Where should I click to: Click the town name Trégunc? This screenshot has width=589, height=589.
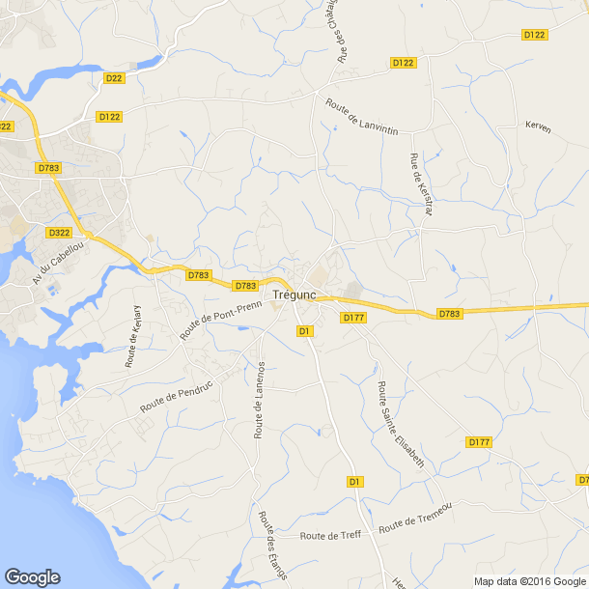click(x=296, y=295)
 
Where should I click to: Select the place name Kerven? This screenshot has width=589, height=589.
click(x=538, y=126)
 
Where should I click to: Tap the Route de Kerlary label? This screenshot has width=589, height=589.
click(x=133, y=336)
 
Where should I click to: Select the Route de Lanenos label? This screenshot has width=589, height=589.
click(x=259, y=400)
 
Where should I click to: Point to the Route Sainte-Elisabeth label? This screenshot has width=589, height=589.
click(x=401, y=425)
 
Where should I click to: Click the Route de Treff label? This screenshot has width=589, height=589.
click(x=329, y=536)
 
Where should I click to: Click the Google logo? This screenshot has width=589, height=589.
click(x=32, y=576)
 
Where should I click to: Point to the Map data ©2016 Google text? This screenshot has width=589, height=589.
click(x=529, y=581)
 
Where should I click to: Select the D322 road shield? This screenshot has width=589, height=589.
click(x=59, y=233)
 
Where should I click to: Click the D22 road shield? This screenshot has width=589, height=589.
click(x=114, y=78)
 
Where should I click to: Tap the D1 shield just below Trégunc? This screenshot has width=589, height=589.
click(x=304, y=331)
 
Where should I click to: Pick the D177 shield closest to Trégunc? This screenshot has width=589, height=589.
click(x=351, y=317)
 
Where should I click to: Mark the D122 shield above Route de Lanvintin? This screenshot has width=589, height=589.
click(x=403, y=63)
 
